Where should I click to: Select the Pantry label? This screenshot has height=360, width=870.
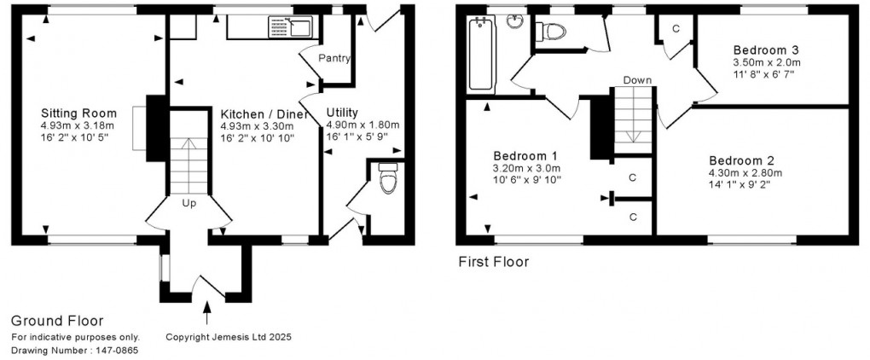335,58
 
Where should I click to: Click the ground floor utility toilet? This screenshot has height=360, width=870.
389,178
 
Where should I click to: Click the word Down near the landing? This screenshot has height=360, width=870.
637,80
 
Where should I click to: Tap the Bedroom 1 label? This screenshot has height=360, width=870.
525,155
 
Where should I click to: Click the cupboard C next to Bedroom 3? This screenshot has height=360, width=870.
676,28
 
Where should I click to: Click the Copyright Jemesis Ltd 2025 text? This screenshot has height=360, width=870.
228,337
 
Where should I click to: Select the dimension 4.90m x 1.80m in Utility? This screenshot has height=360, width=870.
362,125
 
